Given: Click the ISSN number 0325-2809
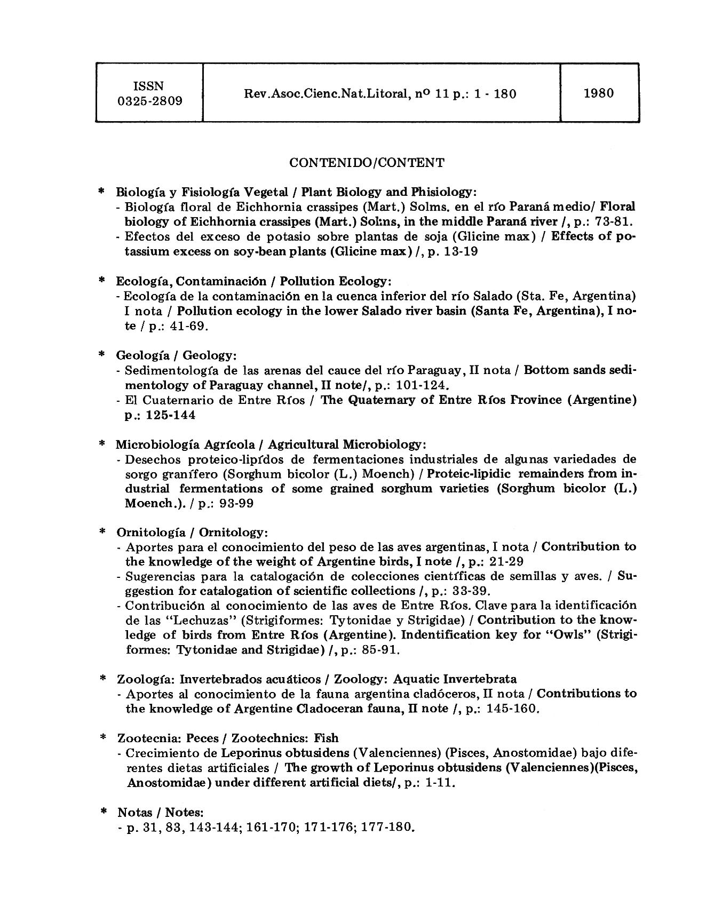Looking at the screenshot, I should point(150,101).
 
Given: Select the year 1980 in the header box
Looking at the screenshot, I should point(599,93).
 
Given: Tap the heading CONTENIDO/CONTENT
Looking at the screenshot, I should point(367,163).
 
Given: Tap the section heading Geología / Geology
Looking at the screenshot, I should point(176,355).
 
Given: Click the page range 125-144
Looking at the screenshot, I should point(167,415).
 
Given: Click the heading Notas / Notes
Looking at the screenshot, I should point(160,813).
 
